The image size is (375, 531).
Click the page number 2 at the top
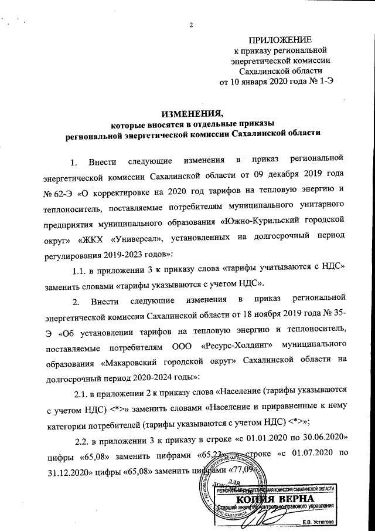click(x=191, y=24)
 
